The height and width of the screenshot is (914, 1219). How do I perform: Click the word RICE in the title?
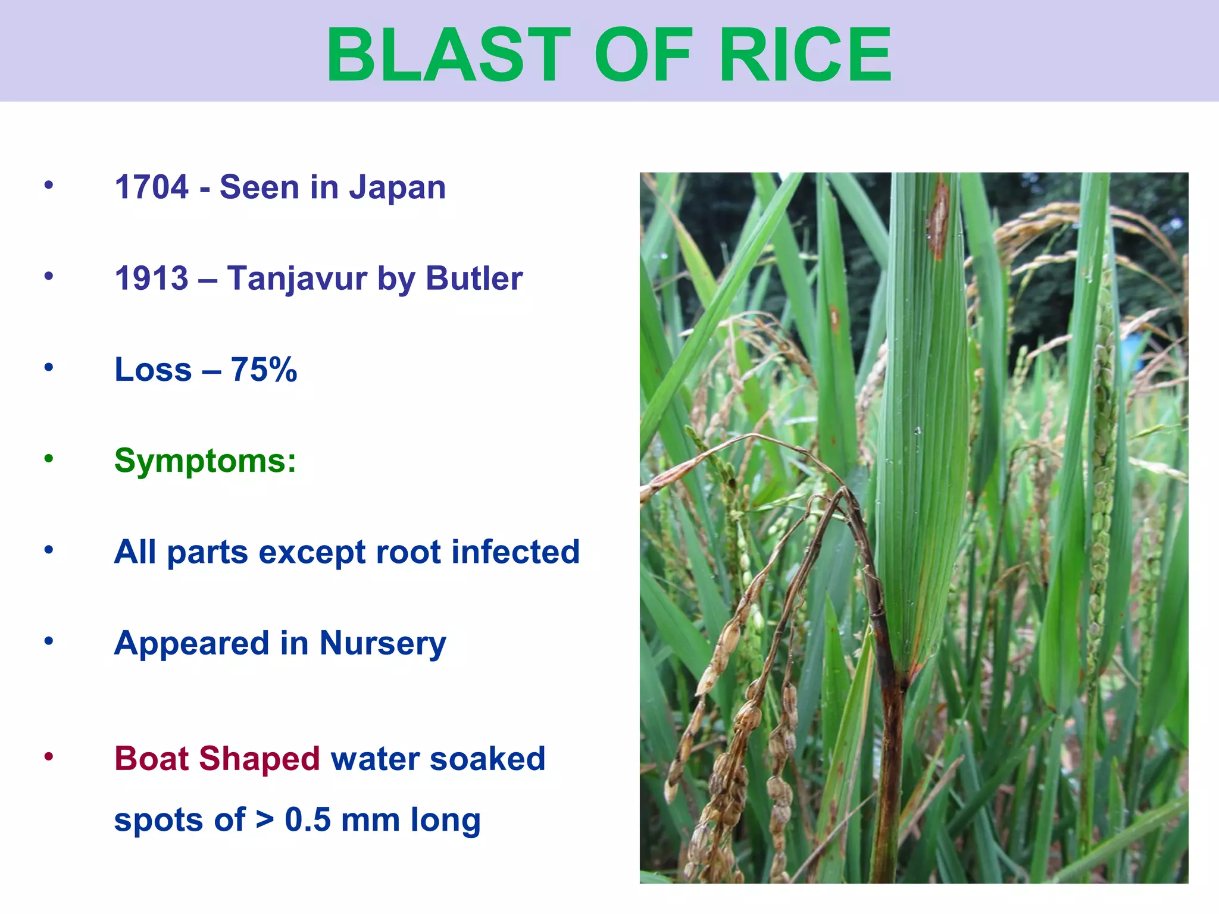click(805, 55)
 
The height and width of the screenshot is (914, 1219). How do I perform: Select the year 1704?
click(152, 187)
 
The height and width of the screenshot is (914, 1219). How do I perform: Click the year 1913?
click(152, 278)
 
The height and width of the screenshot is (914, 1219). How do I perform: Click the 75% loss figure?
click(264, 370)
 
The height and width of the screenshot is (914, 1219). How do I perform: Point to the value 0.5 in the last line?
click(307, 820)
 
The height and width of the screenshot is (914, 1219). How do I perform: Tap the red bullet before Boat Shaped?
click(49, 757)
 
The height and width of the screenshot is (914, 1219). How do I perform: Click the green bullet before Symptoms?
click(49, 459)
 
